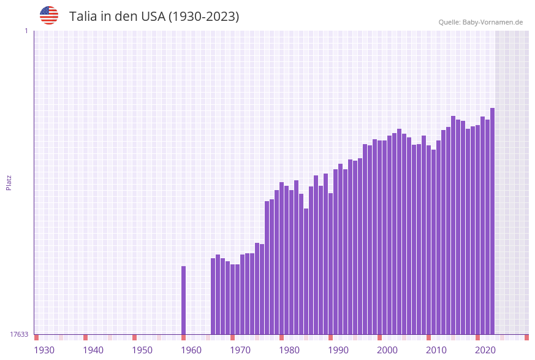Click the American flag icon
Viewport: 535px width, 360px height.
tap(49, 15)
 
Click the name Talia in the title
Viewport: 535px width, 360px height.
tap(83, 17)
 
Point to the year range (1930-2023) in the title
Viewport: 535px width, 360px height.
tap(203, 17)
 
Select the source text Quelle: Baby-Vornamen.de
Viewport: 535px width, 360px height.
tap(480, 22)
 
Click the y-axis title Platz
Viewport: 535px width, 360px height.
tap(9, 182)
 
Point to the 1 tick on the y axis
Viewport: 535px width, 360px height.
tap(26, 31)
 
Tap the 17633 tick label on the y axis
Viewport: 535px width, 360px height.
tap(19, 334)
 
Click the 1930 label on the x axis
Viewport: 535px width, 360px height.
tap(44, 350)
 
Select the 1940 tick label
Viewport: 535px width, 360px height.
tap(93, 350)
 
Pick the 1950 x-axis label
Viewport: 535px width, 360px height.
tap(142, 350)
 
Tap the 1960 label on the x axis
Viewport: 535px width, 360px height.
tap(191, 350)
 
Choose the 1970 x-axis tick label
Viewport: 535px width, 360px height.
tap(240, 350)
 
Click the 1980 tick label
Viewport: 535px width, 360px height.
tap(289, 350)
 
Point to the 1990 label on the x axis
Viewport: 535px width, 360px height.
tap(338, 350)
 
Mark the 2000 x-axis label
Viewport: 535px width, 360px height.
tap(387, 350)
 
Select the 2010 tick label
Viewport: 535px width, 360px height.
tap(436, 350)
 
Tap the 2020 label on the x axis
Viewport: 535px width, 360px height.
tap(485, 350)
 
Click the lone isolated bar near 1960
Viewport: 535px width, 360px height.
tap(183, 301)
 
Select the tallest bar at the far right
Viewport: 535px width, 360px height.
tap(492, 221)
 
